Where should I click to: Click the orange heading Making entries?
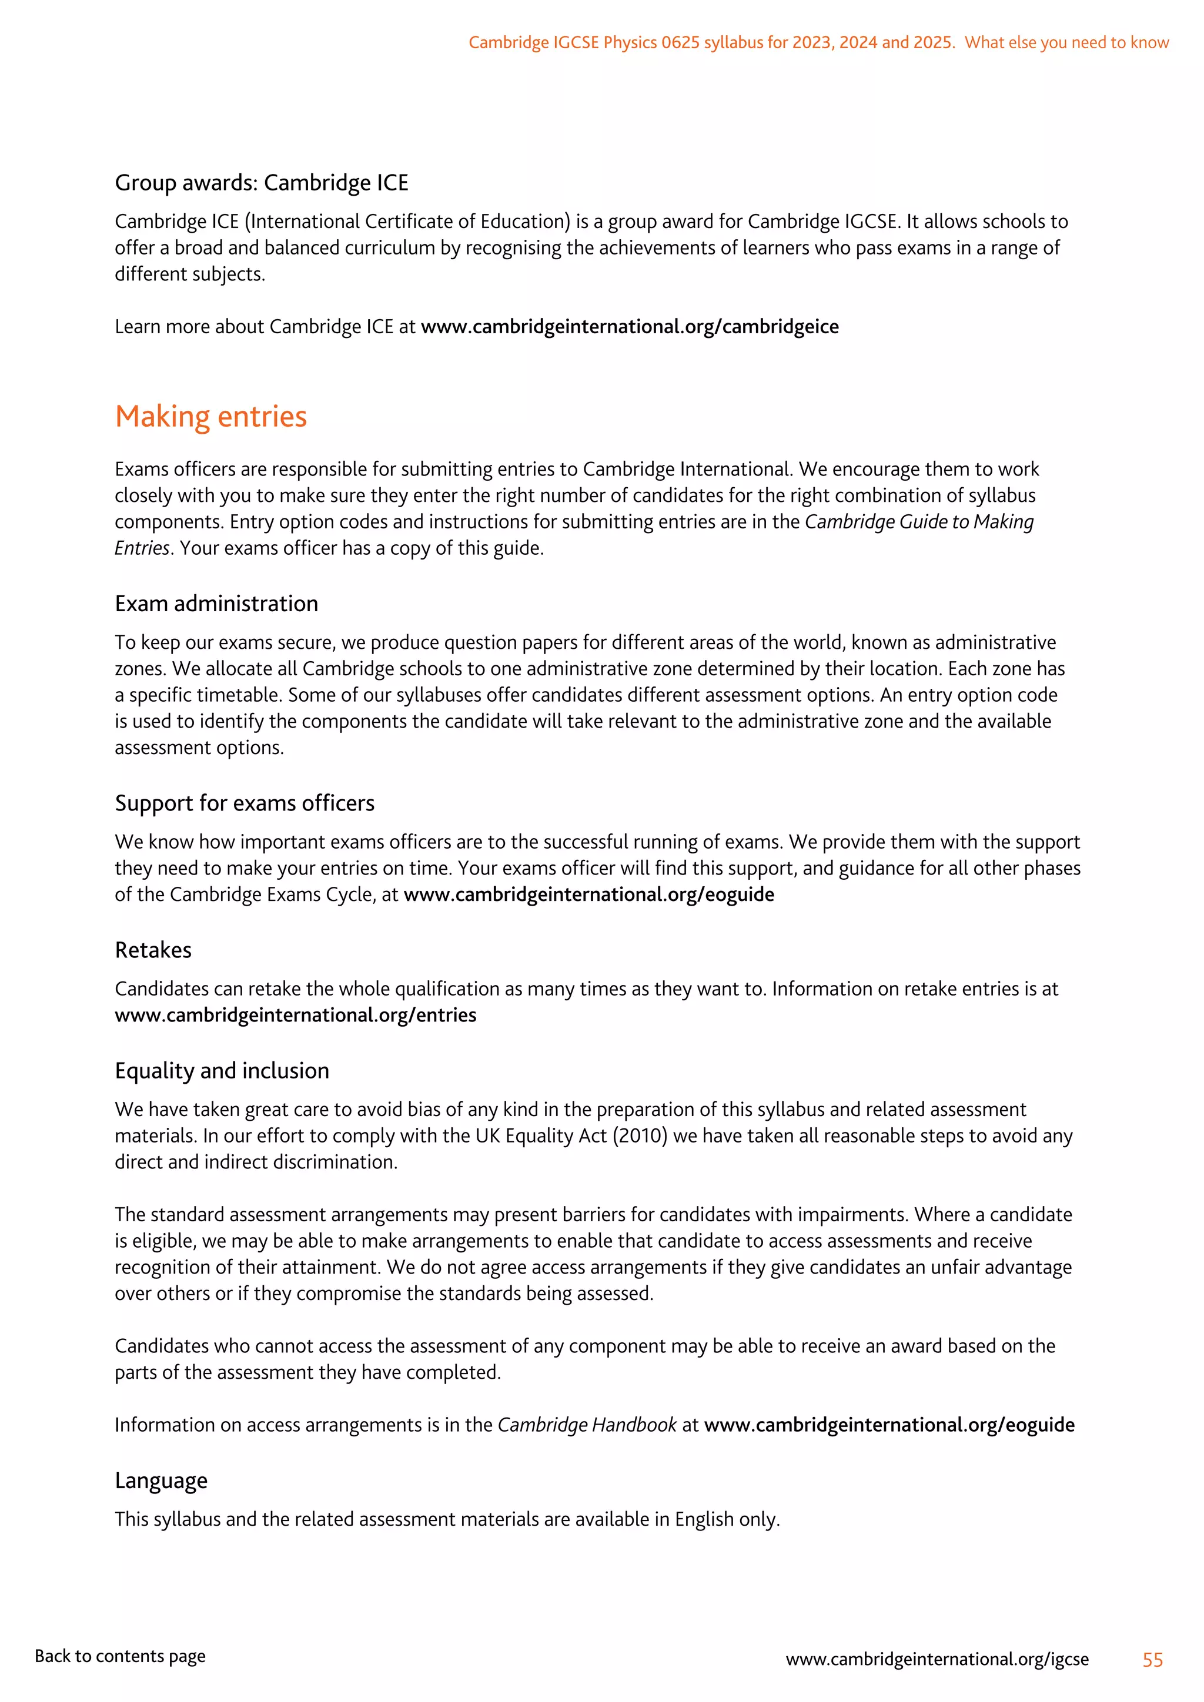210,417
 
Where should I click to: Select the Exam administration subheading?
216,604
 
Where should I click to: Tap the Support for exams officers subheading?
244,803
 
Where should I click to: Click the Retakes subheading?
153,950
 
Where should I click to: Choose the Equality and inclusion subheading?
222,1070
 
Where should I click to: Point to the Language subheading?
161,1480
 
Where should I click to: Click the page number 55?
1152,1660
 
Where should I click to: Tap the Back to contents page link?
120,1656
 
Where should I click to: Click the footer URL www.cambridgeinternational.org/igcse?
937,1659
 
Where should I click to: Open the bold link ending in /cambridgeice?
630,327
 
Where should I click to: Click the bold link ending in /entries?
295,1015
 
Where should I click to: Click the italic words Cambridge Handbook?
587,1425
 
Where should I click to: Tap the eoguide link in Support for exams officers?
588,894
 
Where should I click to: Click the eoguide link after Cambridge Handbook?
889,1425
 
